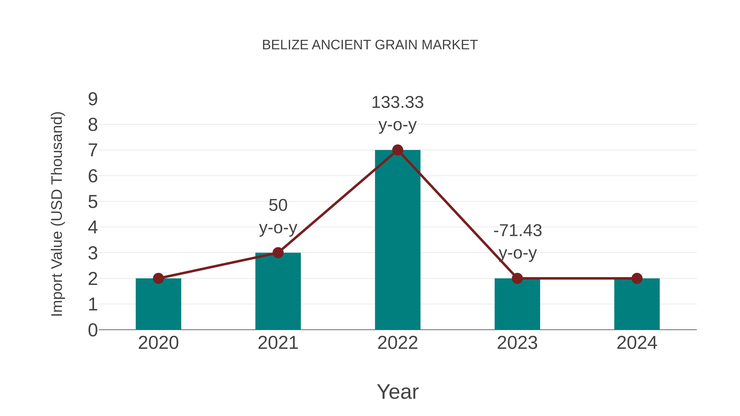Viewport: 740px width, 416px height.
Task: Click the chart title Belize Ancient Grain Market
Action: [x=370, y=45]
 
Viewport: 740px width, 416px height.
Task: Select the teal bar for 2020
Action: [x=158, y=304]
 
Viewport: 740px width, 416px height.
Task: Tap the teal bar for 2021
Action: [x=278, y=291]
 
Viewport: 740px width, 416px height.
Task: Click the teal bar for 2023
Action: [x=517, y=304]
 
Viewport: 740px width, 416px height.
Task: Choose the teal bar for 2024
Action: [x=637, y=304]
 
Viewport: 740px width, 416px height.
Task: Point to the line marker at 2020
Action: [x=158, y=278]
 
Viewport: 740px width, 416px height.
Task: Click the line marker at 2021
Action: [x=278, y=253]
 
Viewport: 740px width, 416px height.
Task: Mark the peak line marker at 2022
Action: [x=398, y=150]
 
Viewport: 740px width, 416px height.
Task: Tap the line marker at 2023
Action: [x=517, y=278]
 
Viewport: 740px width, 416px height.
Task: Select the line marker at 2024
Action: [x=637, y=278]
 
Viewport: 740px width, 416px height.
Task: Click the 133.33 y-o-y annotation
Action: [x=398, y=113]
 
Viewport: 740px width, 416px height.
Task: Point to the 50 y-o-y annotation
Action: [x=278, y=216]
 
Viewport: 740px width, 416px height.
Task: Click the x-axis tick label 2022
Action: [x=398, y=343]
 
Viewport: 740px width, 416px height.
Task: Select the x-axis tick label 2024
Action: [x=637, y=343]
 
